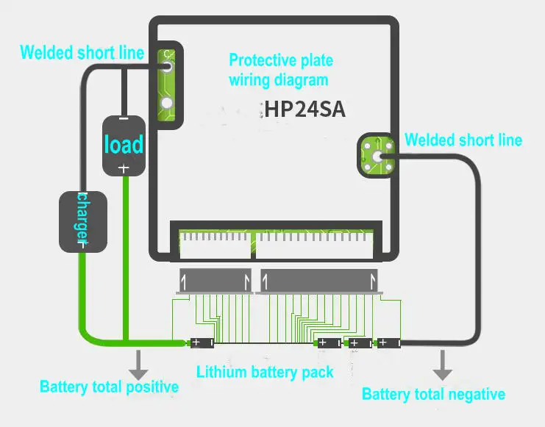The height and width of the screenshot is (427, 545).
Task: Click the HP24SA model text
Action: [304, 109]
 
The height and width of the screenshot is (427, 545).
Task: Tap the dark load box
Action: [124, 146]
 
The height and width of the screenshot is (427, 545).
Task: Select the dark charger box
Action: [82, 222]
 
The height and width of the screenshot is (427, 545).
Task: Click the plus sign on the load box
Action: [124, 168]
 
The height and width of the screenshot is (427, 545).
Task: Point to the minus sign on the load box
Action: [124, 119]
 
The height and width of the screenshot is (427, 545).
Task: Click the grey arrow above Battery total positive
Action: [138, 365]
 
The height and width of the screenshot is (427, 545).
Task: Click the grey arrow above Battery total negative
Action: [443, 365]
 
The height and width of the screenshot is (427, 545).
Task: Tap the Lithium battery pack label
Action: [265, 372]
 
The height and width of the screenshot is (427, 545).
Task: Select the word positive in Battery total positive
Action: [152, 387]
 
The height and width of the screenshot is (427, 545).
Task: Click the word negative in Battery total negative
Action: [477, 395]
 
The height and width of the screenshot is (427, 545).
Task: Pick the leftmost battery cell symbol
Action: [202, 343]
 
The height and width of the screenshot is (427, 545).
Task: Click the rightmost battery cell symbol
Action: [389, 343]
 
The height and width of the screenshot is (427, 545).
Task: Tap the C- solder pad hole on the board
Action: [167, 67]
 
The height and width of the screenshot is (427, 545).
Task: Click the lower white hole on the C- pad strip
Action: [167, 103]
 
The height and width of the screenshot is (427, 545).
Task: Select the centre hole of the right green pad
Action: [377, 157]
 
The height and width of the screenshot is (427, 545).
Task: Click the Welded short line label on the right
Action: [463, 140]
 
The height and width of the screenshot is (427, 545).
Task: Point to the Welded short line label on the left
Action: [82, 53]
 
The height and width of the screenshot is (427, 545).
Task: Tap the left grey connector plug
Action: [215, 281]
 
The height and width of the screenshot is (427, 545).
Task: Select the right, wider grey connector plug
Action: [319, 281]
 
